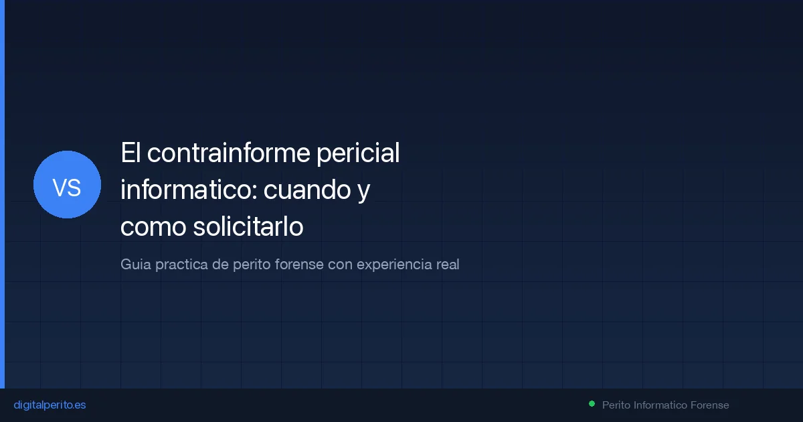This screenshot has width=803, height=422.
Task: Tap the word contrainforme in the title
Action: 229,153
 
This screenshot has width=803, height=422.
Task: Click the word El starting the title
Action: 130,153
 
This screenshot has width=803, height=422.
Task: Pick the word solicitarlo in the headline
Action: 248,228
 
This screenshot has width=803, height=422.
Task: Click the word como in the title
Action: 153,228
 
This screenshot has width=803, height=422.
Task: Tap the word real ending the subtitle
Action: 447,265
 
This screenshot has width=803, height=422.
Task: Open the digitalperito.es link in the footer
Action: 50,405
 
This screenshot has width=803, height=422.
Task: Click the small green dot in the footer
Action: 592,404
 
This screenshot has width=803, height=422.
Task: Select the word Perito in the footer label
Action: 616,405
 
